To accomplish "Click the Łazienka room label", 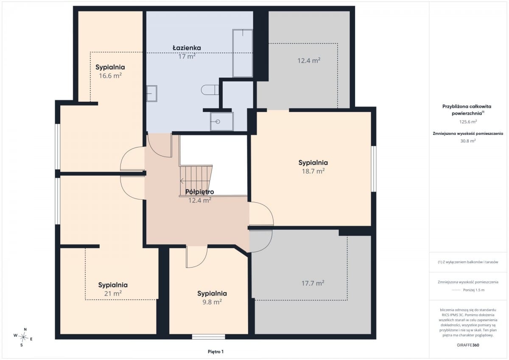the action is coord(187,48).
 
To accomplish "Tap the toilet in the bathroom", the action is coord(210,90).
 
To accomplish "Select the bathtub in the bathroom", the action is coord(243,53).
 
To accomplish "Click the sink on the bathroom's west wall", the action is coord(151,93).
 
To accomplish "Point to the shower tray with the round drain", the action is coord(222,122).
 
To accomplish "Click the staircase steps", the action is coord(196,180).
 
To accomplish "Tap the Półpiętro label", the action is coord(199,192).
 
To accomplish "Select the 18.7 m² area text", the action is coord(313,171).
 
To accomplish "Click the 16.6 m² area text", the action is coord(110,75).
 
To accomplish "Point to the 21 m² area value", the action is coord(113,293).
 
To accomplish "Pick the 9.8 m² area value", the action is coord(212,302).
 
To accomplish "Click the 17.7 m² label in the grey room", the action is coord(313,283).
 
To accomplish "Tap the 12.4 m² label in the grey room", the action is coord(309,60).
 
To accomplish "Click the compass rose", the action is coord(23,337).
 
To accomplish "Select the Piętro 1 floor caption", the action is coord(215,352).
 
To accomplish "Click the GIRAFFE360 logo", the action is coord(468,345).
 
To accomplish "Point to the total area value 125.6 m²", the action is coord(468,122).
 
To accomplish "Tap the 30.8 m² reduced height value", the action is coord(468,141).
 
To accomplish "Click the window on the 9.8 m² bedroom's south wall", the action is coord(208,337).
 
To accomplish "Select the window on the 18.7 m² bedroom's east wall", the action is coord(374,169).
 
